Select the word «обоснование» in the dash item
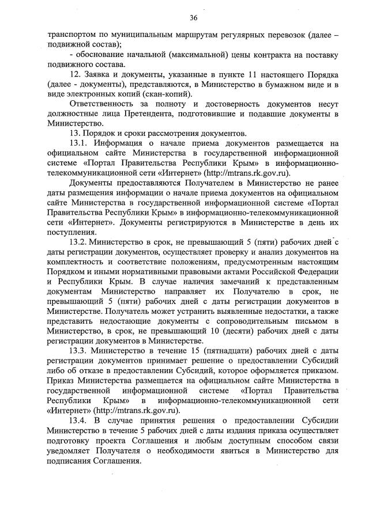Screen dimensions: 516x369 (106, 55)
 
